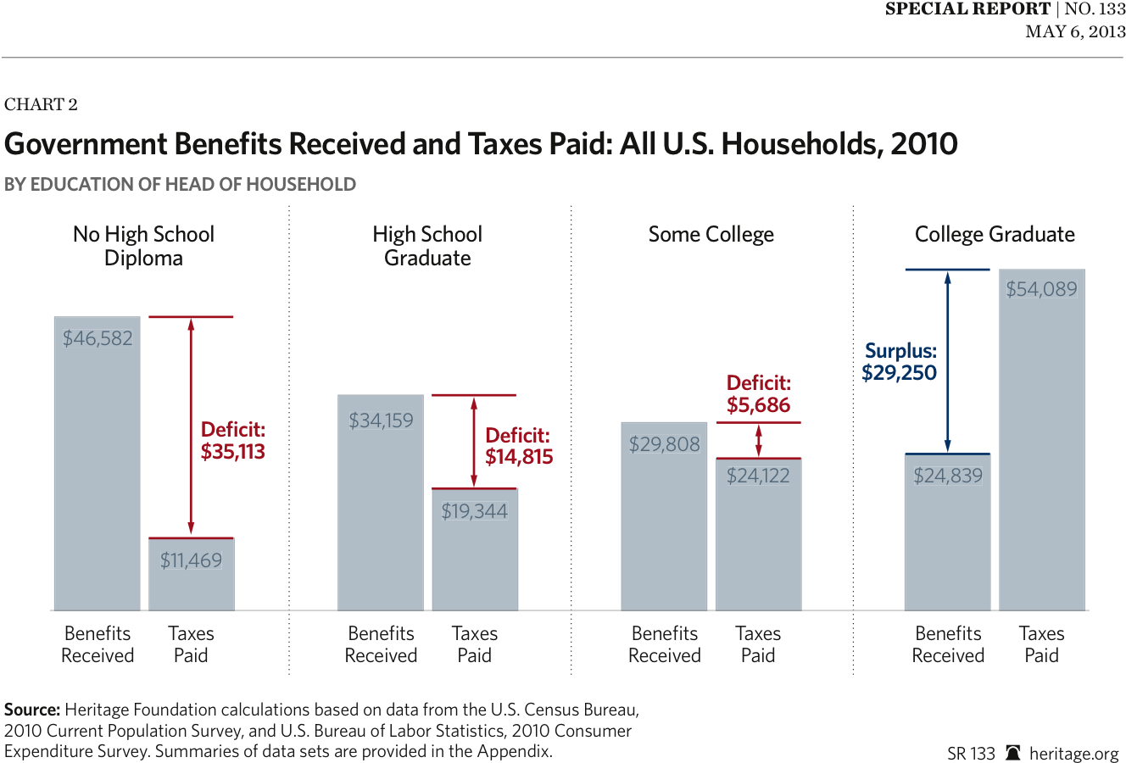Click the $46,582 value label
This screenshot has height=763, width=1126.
click(x=98, y=338)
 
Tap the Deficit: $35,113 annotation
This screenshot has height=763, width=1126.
click(x=232, y=441)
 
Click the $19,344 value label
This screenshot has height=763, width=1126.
click(x=474, y=511)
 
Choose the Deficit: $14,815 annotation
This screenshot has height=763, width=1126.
click(x=518, y=447)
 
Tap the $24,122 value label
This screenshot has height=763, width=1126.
click(x=758, y=476)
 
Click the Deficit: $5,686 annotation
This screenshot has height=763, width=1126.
click(x=758, y=394)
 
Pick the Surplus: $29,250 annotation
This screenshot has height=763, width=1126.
click(x=900, y=362)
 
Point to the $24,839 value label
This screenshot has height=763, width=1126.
click(x=948, y=476)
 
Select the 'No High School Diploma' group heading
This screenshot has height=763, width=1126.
click(x=143, y=246)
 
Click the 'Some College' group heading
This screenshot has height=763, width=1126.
click(x=711, y=234)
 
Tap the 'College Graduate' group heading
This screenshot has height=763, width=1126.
click(x=995, y=234)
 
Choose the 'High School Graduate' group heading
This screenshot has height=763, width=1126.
click(x=427, y=246)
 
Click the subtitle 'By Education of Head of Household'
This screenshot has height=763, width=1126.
click(x=180, y=184)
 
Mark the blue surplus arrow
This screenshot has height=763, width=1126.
click(x=948, y=361)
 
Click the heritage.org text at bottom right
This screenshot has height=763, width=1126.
click(x=1074, y=753)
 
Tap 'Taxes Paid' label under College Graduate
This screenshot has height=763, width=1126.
click(x=1041, y=644)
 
